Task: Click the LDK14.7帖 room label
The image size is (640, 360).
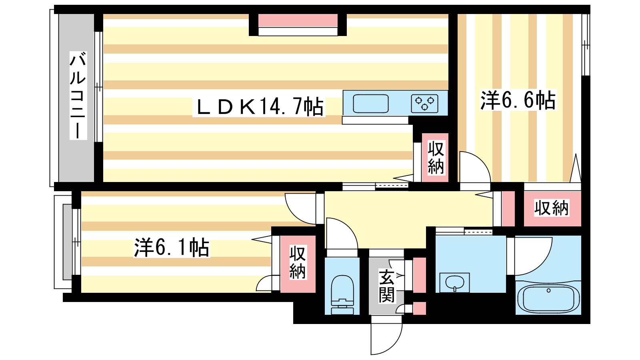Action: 259,107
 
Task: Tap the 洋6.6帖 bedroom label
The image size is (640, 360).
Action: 518,100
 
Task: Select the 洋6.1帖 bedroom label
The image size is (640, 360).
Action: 172,248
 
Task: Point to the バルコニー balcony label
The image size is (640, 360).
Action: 78,95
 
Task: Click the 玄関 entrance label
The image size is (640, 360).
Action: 386,286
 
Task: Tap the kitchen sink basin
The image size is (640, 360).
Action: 370,104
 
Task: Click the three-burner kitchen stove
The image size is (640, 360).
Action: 424,104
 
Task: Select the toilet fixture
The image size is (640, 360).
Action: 342,294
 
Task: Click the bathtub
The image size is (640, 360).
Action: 548,298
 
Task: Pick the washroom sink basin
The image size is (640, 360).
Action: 454,283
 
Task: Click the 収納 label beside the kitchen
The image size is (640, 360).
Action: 436,158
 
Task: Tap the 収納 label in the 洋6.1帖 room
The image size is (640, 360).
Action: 298,263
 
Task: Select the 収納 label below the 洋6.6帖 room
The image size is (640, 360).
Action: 552,208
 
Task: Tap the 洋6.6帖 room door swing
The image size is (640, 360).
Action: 475,168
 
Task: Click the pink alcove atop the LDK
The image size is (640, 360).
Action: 298,20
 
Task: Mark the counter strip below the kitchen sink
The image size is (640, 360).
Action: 375,120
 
